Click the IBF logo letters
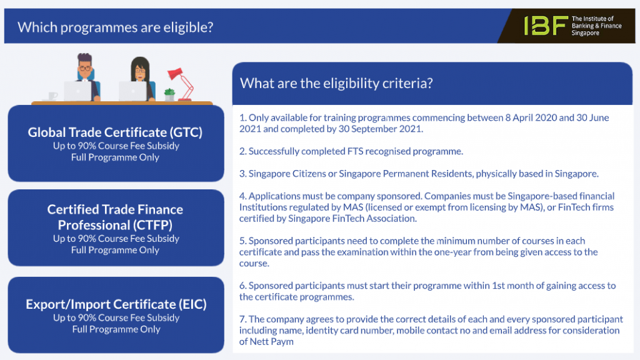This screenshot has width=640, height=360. click(x=545, y=26)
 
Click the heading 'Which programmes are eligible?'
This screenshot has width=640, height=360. click(x=116, y=27)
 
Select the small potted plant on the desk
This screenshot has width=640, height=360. click(x=169, y=94)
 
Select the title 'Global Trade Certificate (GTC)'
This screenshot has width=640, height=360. click(x=115, y=132)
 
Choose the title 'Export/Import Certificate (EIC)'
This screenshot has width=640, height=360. click(x=116, y=304)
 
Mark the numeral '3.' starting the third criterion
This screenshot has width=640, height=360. click(x=243, y=174)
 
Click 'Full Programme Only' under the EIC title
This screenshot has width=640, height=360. click(x=116, y=329)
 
